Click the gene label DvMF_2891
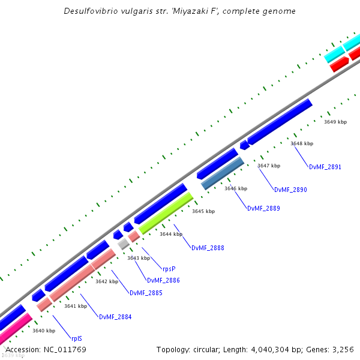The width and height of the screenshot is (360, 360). [325, 167]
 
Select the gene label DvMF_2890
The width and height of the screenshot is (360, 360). [290, 190]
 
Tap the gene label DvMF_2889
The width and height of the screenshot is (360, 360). [263, 209]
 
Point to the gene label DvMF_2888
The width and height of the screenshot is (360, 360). [208, 248]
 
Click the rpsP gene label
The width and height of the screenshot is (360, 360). [169, 269]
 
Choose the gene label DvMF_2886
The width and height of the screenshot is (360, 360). [163, 280]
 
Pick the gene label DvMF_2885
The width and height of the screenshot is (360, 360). [146, 293]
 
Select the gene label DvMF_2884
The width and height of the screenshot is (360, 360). [115, 317]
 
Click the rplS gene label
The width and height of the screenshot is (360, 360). [77, 338]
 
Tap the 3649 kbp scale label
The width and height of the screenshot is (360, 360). [335, 122]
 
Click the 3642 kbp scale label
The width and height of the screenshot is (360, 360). [106, 281]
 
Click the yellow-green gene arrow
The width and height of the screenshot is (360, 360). [166, 213]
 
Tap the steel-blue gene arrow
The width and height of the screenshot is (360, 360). [223, 173]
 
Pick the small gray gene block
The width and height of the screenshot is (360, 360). [123, 244]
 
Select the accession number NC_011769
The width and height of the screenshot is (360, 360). [64, 349]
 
